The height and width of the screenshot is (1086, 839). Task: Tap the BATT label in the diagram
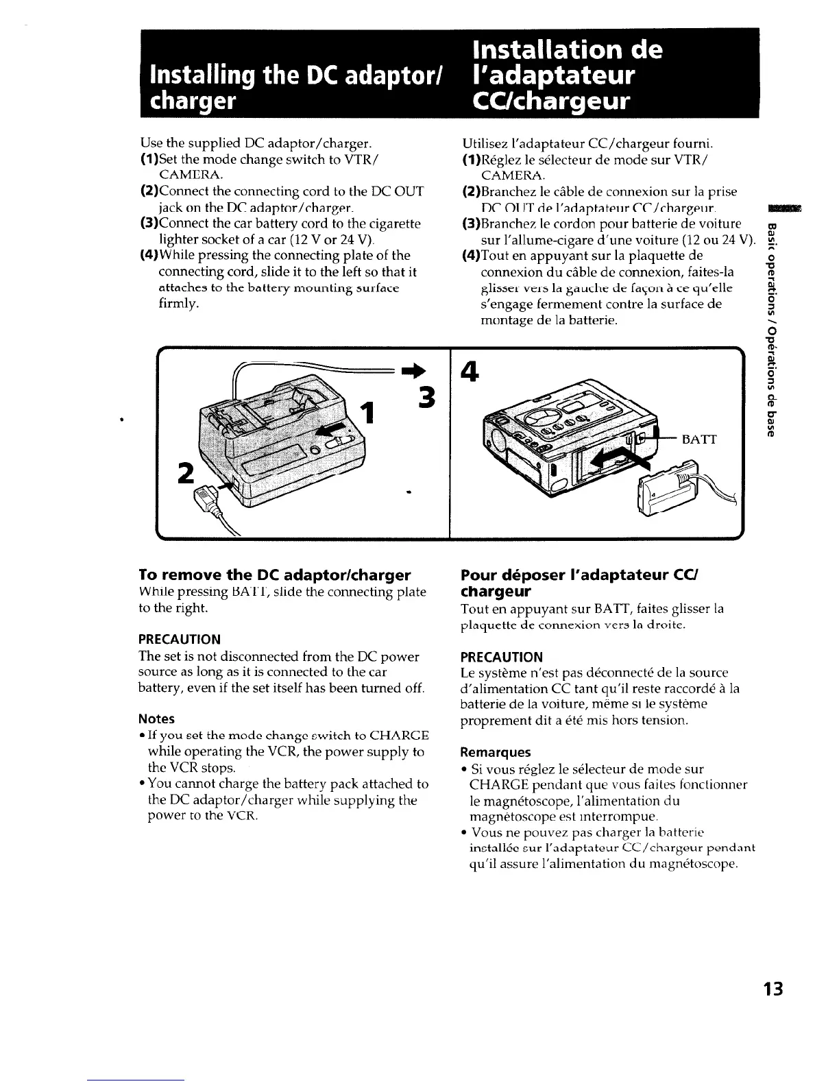coord(699,439)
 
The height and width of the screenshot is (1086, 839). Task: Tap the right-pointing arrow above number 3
coord(416,370)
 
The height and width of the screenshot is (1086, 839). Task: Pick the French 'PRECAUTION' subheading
coord(502,656)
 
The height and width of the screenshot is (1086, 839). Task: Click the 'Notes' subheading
coord(156,719)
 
